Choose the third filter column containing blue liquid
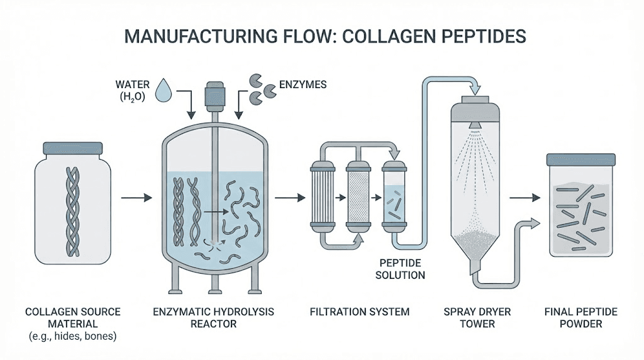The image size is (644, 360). coord(394,198)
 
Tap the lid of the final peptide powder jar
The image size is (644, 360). coord(580,160)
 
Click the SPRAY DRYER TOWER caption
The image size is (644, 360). coord(477,318)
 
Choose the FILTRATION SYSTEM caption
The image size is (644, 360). coord(361,312)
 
